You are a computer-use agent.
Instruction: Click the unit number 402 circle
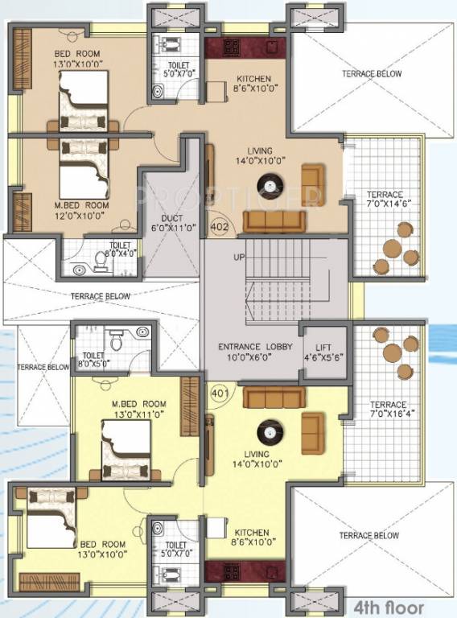click(x=219, y=227)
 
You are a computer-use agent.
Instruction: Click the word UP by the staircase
click(x=238, y=257)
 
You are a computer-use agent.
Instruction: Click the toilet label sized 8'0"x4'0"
click(x=121, y=249)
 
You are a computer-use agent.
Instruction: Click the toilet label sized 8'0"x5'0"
click(x=93, y=358)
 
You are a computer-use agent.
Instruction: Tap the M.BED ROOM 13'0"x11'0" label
click(x=139, y=408)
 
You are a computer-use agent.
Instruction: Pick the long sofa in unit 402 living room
click(x=274, y=220)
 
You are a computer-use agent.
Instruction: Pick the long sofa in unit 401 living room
click(x=274, y=397)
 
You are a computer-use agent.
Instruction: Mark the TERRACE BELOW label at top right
click(x=371, y=74)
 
